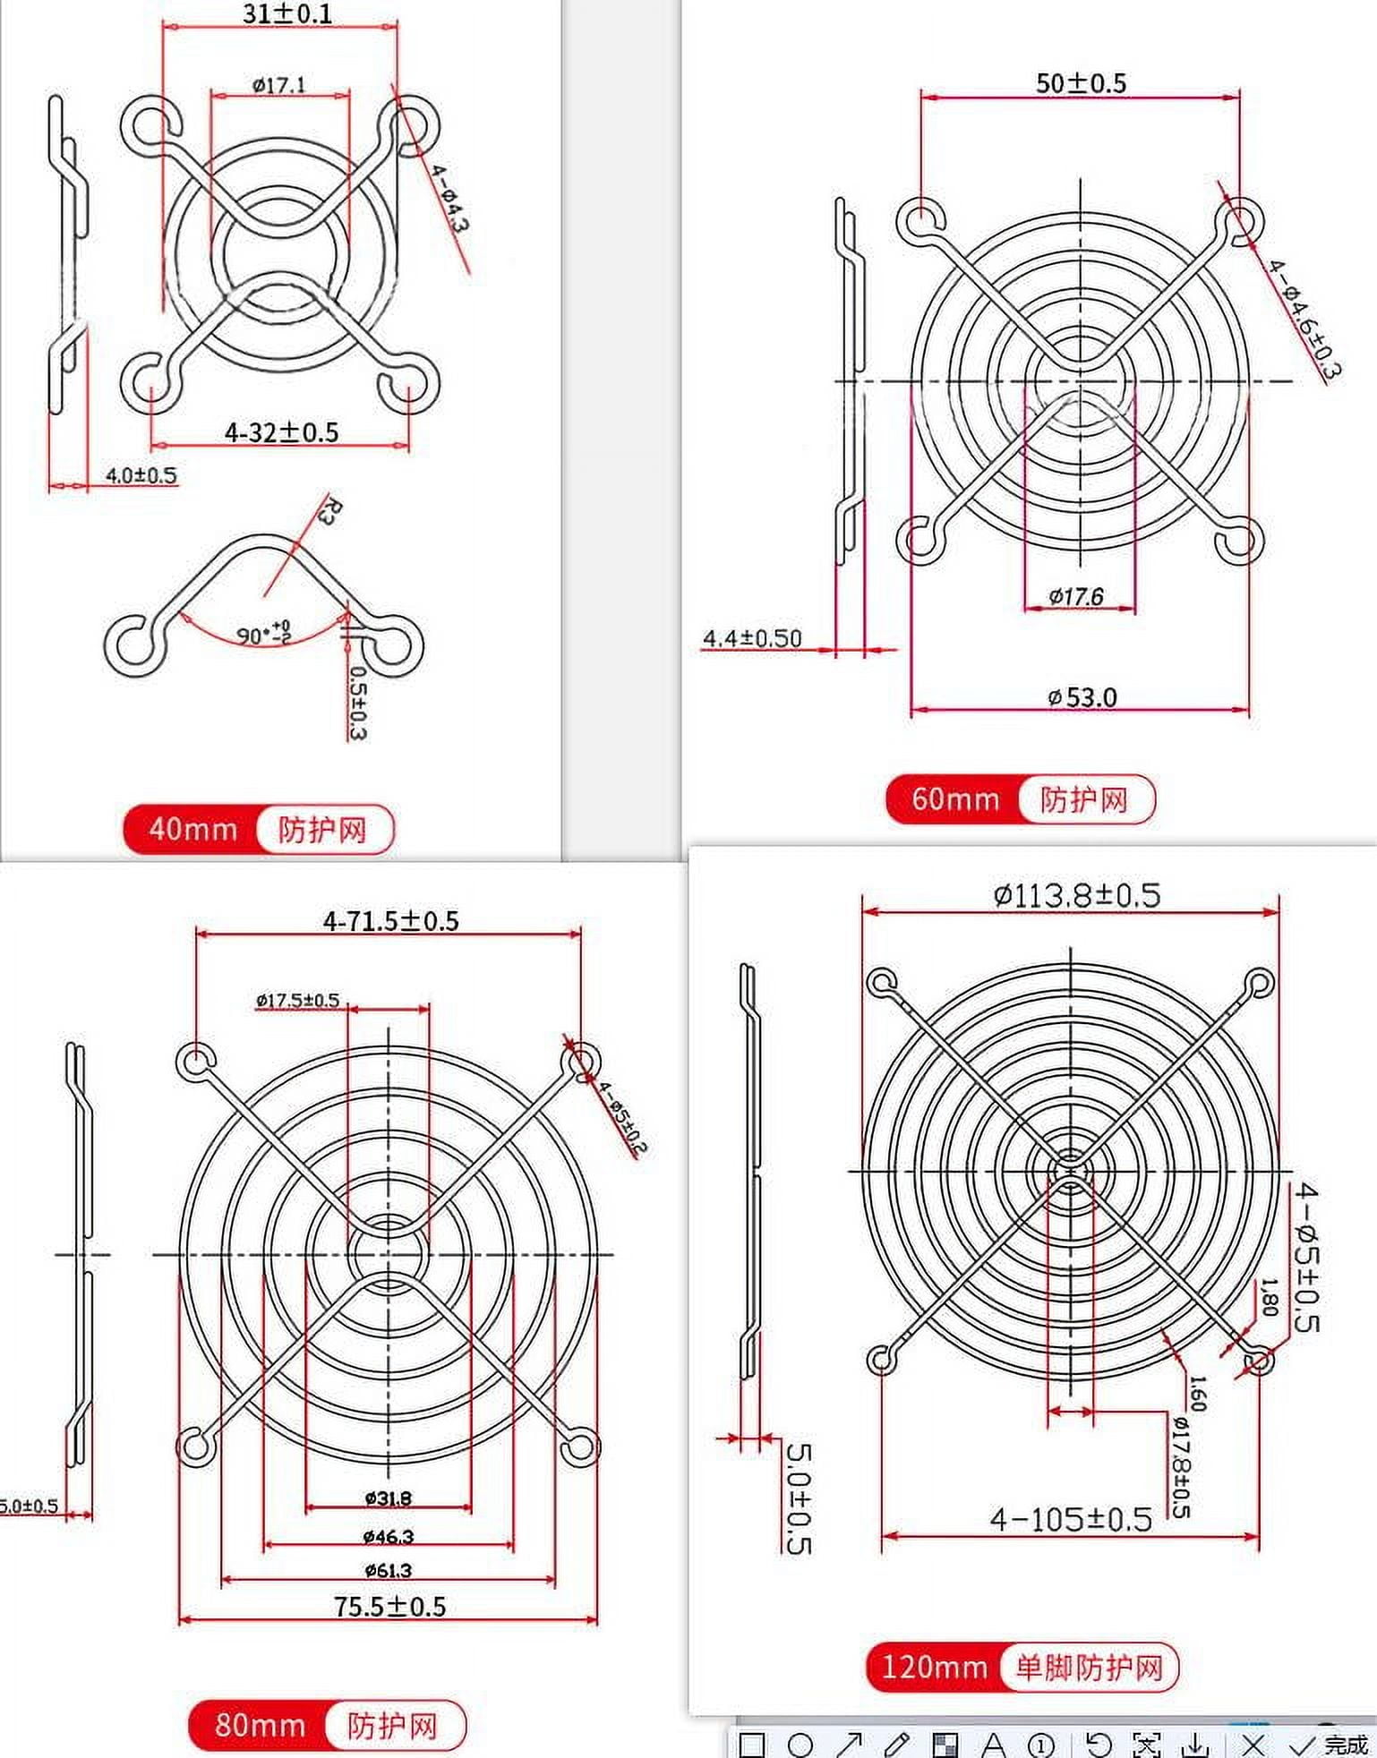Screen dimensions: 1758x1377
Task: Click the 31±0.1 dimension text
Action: (287, 14)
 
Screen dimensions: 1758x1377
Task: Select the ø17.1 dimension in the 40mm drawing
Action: (278, 85)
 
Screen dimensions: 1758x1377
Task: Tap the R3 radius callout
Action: (329, 511)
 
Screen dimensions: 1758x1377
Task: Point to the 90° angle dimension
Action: (262, 633)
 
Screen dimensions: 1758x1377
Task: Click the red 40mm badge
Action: (192, 829)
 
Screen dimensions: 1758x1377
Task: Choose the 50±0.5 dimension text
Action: (1081, 83)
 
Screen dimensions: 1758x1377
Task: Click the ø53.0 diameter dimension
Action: (1082, 697)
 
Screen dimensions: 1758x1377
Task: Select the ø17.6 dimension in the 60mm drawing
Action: (1076, 596)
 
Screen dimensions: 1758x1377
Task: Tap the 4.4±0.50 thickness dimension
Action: (752, 638)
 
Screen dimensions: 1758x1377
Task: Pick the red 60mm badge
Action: (954, 798)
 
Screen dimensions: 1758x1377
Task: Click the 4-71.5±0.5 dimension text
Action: (390, 921)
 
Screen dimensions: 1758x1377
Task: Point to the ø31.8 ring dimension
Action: (389, 1498)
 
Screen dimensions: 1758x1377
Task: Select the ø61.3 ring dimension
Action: (389, 1570)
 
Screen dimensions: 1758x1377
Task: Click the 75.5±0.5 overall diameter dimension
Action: (390, 1607)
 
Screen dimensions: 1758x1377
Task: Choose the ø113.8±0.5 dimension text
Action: (1076, 895)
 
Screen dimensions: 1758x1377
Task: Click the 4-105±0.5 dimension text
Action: (1071, 1519)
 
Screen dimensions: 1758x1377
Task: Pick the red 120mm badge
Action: (934, 1667)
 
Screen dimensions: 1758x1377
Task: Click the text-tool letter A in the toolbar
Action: (993, 1745)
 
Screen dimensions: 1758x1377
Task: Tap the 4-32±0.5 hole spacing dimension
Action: (281, 433)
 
